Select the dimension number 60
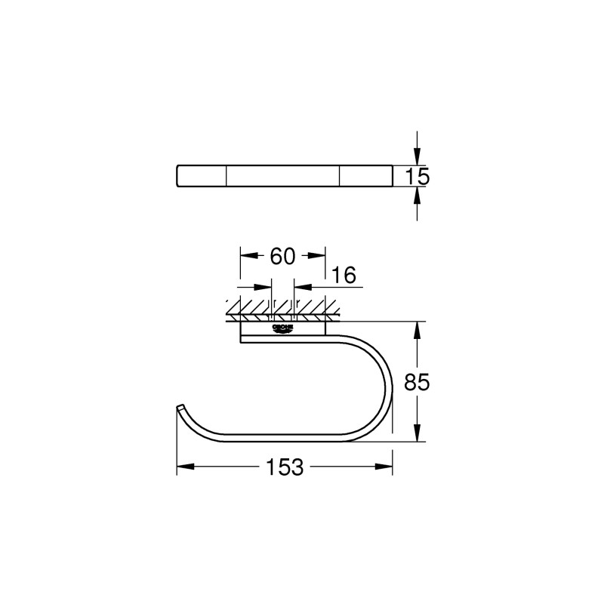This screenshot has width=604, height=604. (282, 257)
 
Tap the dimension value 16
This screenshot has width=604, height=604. (343, 276)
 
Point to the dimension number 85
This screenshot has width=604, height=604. (417, 383)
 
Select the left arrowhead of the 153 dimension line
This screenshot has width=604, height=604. (182, 467)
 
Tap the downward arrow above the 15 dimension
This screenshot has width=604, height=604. (417, 159)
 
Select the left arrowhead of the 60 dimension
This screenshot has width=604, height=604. (245, 256)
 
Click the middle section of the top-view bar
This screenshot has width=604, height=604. (283, 176)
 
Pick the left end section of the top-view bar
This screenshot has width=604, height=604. (202, 176)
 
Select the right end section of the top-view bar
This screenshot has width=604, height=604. (365, 176)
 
